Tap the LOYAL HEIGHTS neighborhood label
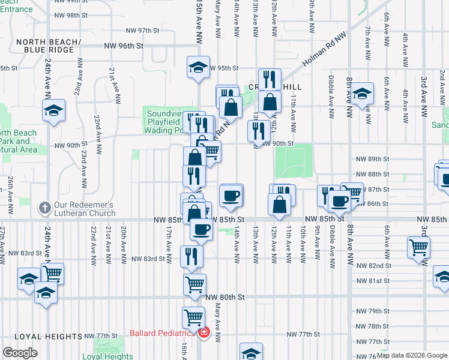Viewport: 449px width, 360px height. pos(41,337)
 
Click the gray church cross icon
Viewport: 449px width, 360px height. pos(44,208)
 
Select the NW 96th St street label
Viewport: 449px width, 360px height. pos(124,45)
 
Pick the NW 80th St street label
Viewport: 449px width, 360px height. pos(225,297)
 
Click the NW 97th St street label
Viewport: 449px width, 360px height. pos(143,30)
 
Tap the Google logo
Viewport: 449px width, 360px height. pos(20,353)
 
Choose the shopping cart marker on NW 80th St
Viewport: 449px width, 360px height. pos(194,284)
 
